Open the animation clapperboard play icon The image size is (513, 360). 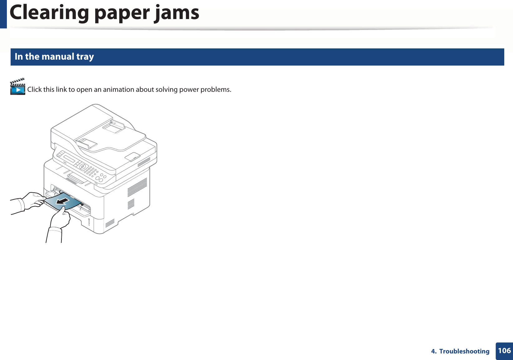pos(18,87)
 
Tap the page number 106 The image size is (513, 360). pos(504,351)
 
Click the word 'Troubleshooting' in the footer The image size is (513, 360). pos(464,351)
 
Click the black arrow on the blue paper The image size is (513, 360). pos(63,201)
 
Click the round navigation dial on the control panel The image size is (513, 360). pos(83,167)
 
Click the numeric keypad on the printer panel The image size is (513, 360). pos(91,171)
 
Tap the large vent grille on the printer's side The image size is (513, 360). pos(137,188)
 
